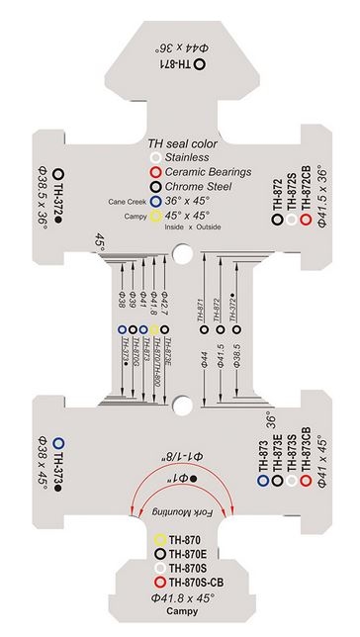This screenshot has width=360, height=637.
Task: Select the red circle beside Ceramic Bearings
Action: [x=154, y=170]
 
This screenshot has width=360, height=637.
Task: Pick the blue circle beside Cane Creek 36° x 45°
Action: [x=154, y=199]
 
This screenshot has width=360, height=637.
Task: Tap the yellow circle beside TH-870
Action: [x=160, y=540]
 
